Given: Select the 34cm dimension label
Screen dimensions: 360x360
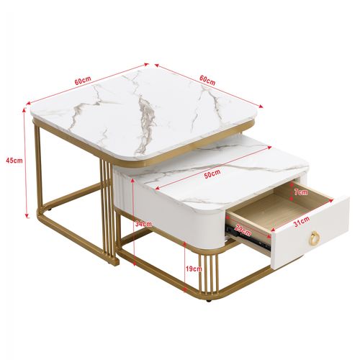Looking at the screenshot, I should pyautogui.click(x=143, y=223).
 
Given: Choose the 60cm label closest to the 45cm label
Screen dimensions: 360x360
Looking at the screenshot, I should pyautogui.click(x=82, y=81).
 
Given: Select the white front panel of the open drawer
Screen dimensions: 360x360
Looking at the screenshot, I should pyautogui.click(x=310, y=230).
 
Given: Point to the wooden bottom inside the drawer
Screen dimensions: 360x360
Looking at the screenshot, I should pyautogui.click(x=266, y=216).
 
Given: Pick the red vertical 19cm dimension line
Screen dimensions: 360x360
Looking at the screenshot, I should pyautogui.click(x=186, y=268).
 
